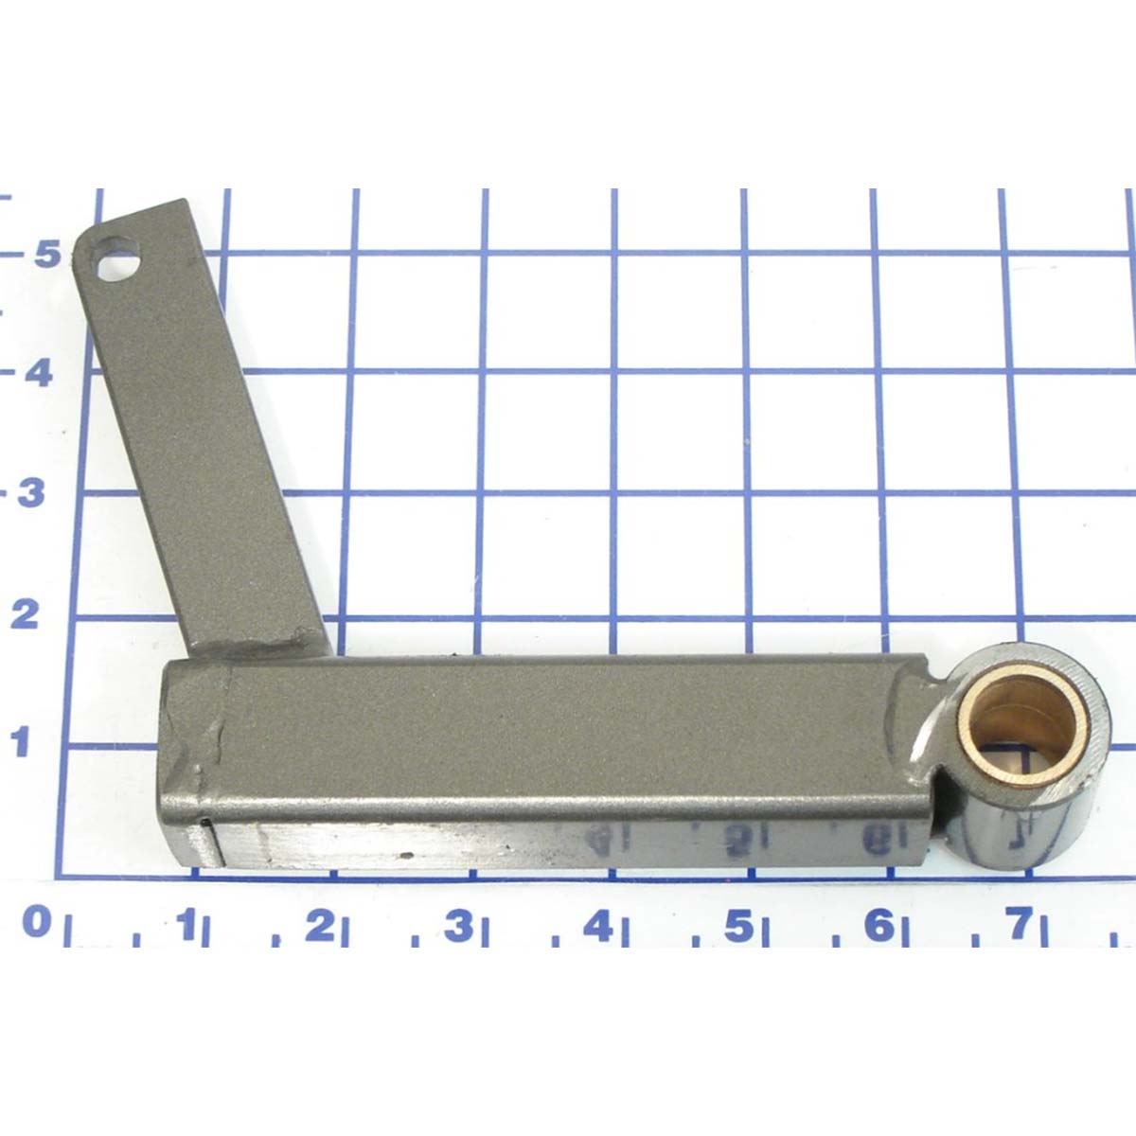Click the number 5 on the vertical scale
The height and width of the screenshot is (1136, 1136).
point(46,254)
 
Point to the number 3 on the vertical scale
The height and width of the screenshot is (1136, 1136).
point(31,492)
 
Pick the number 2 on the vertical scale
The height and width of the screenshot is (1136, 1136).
point(25,615)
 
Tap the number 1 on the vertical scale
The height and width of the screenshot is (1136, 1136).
point(20,740)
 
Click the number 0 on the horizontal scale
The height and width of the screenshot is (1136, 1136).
point(37,922)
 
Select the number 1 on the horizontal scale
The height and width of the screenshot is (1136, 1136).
point(188,923)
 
